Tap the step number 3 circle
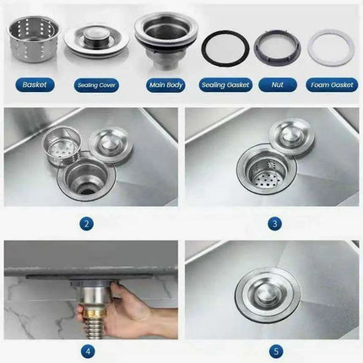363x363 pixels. click(x=274, y=225)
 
